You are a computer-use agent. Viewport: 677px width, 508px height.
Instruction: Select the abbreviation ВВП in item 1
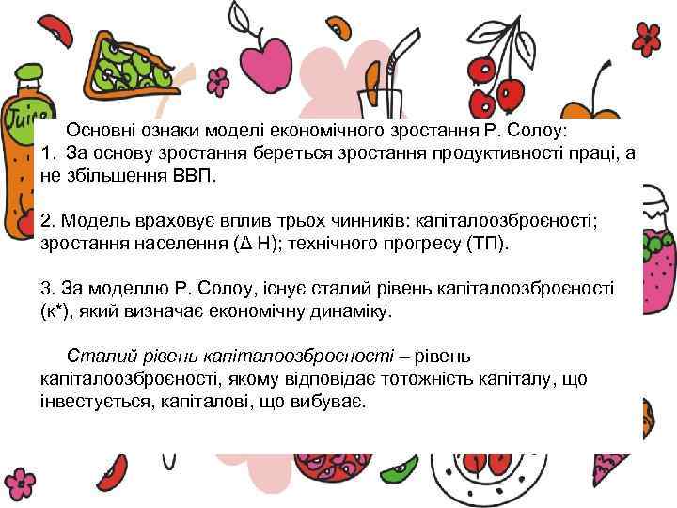pyautogui.click(x=195, y=175)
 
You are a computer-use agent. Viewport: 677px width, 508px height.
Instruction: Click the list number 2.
pyautogui.click(x=48, y=221)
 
